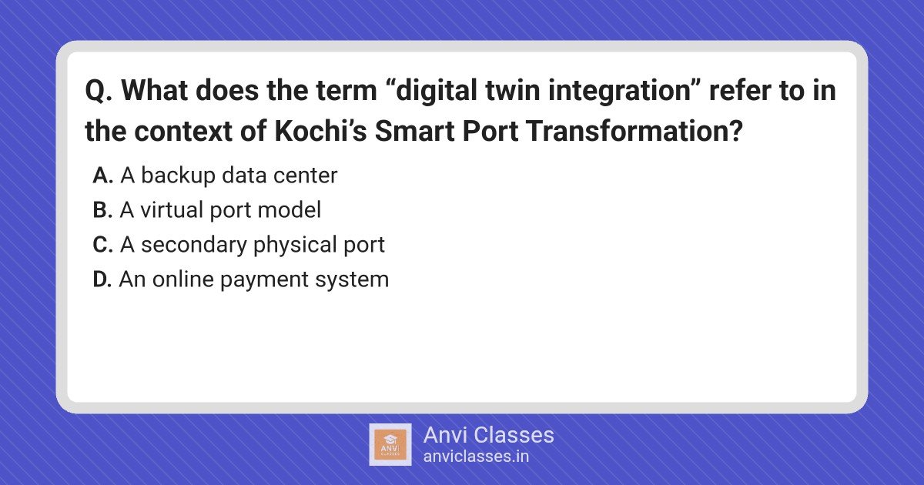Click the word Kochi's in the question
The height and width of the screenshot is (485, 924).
[x=320, y=131]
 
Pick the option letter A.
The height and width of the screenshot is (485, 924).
[x=102, y=176]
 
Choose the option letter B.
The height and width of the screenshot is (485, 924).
[x=102, y=210]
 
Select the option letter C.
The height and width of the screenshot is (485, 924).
[x=102, y=245]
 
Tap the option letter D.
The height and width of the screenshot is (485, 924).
[x=102, y=279]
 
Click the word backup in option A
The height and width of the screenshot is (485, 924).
[x=179, y=176]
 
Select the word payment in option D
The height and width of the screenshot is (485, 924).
[x=264, y=280]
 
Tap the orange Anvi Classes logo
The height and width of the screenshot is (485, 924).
[x=390, y=445]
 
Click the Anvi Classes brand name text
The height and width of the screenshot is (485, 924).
[x=488, y=435]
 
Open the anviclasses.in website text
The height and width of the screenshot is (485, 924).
[x=476, y=457]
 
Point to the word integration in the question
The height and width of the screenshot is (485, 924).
[x=620, y=91]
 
